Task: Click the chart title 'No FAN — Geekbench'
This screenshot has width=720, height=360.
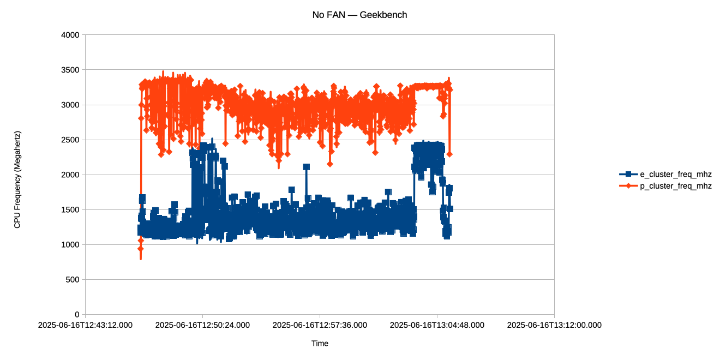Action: (359, 15)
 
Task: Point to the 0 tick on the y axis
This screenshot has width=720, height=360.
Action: (77, 314)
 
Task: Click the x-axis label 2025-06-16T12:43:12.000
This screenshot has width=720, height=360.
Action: (85, 325)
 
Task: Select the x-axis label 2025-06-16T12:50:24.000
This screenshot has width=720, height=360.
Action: (202, 325)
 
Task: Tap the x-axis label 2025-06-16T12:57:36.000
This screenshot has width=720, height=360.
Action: (320, 325)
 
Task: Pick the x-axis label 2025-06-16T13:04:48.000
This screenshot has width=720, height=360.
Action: (437, 325)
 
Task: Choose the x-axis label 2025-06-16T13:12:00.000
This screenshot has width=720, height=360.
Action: (554, 325)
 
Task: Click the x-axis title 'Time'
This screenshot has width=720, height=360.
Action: (320, 343)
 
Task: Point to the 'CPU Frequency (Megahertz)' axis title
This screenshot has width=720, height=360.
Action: (17, 179)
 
